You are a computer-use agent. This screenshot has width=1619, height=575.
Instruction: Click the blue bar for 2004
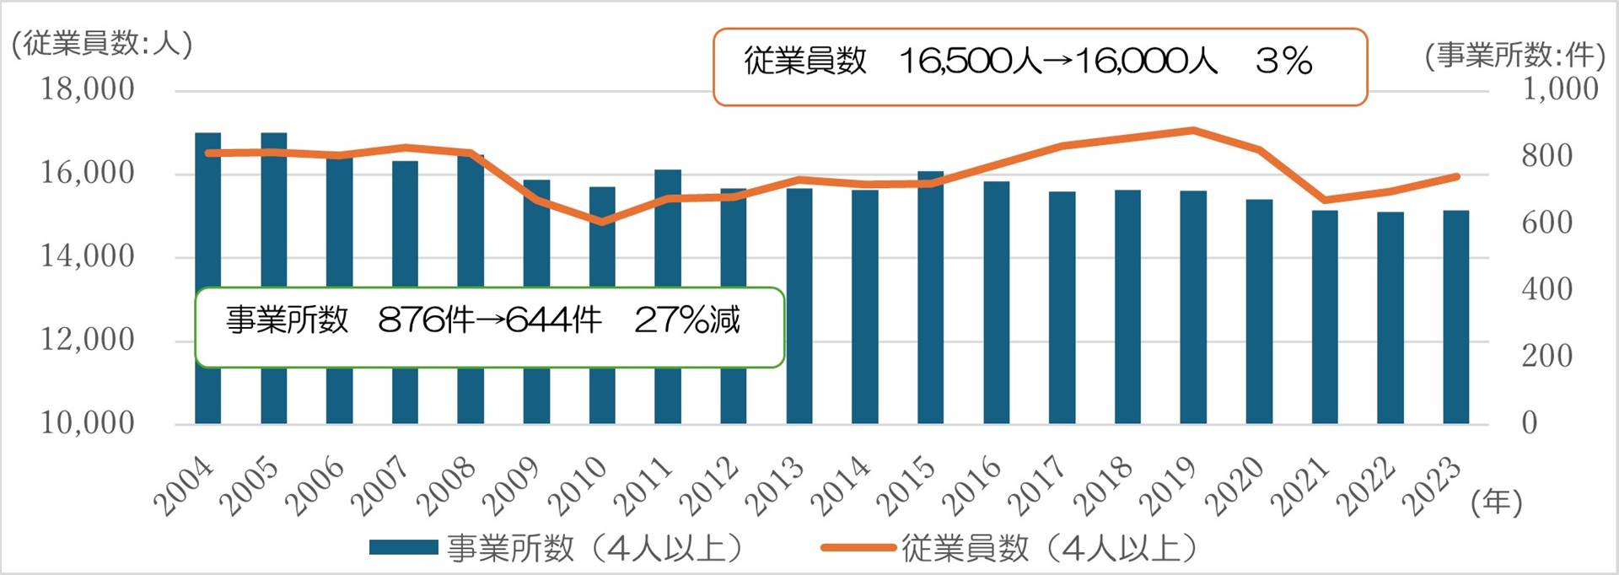tap(208, 278)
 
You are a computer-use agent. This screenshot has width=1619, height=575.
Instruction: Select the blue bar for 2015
tap(931, 298)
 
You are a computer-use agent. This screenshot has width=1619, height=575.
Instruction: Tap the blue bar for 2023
tap(1456, 317)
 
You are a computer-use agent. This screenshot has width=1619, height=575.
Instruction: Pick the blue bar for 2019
tap(1193, 307)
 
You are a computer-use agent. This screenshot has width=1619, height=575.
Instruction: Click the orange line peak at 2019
tap(1193, 131)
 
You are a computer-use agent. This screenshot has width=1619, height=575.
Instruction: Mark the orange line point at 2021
tap(1325, 200)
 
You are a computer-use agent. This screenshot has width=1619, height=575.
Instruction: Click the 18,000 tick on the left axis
tap(88, 89)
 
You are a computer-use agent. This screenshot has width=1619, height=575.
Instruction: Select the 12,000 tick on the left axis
tap(88, 340)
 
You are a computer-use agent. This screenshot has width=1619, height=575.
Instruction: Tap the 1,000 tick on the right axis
tap(1559, 89)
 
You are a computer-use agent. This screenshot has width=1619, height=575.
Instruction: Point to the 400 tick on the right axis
tap(1546, 289)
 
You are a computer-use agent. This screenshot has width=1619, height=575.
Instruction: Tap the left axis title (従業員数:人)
tap(102, 44)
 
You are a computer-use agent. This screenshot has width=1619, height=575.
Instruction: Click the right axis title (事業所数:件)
tap(1514, 56)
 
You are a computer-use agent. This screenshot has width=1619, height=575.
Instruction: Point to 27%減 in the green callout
tap(687, 320)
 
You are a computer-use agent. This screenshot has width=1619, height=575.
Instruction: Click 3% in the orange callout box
tap(1284, 61)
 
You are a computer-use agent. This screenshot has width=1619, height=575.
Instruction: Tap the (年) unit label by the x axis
tap(1497, 502)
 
